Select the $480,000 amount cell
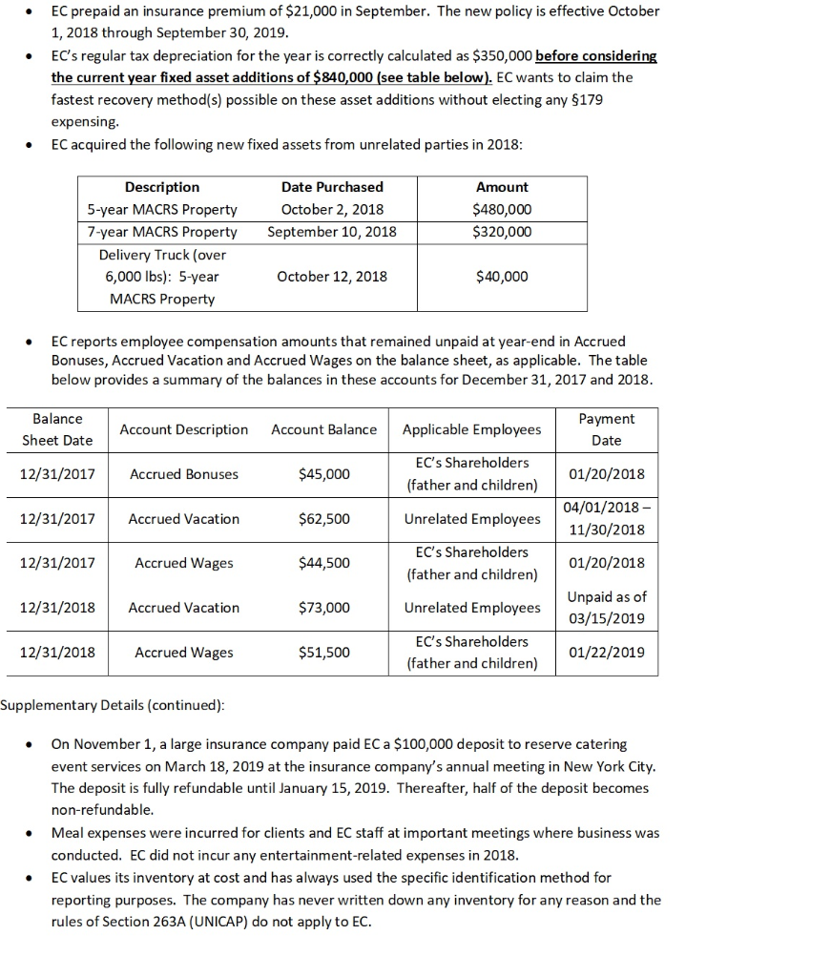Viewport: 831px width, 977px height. (502, 209)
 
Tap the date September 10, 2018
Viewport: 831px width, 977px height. (332, 231)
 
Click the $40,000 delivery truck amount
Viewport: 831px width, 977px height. (502, 277)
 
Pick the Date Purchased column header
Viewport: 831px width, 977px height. (332, 187)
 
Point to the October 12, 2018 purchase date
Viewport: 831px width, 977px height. (332, 277)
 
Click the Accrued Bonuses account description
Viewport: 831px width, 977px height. (184, 474)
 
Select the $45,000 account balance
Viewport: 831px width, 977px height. (323, 474)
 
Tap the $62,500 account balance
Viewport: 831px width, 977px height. (323, 519)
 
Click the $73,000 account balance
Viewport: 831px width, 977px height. (323, 608)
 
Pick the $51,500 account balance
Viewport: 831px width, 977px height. (323, 653)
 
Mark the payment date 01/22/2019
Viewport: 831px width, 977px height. (606, 653)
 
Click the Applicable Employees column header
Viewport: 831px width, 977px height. (471, 429)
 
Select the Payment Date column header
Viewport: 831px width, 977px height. (606, 429)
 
